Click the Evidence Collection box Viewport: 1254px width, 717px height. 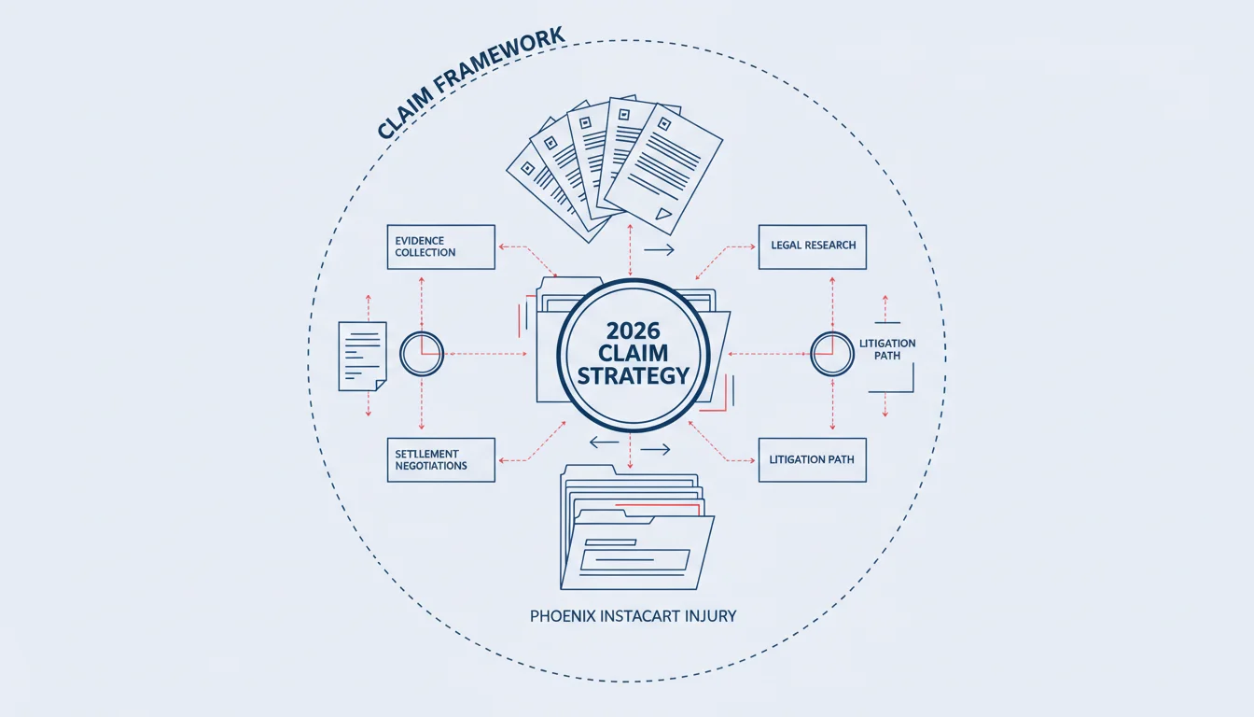[x=441, y=247]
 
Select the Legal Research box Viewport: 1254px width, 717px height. [x=813, y=247]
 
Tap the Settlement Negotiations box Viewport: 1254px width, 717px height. [x=441, y=460]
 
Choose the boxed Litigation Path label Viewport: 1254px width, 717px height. [x=813, y=460]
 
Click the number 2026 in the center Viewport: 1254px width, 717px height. [x=634, y=331]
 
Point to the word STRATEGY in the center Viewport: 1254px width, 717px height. [x=634, y=376]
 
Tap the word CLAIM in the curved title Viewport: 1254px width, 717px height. [x=405, y=113]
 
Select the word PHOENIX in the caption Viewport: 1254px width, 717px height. [x=563, y=616]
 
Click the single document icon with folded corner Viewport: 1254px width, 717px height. [x=363, y=357]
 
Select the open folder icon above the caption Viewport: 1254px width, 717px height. [x=637, y=527]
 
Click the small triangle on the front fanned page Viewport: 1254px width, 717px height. [x=663, y=214]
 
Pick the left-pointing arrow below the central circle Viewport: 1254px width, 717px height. [x=604, y=443]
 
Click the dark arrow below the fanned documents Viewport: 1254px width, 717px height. [x=659, y=250]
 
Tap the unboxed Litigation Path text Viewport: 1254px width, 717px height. [x=887, y=349]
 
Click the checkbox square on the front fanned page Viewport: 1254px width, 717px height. [x=664, y=124]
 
